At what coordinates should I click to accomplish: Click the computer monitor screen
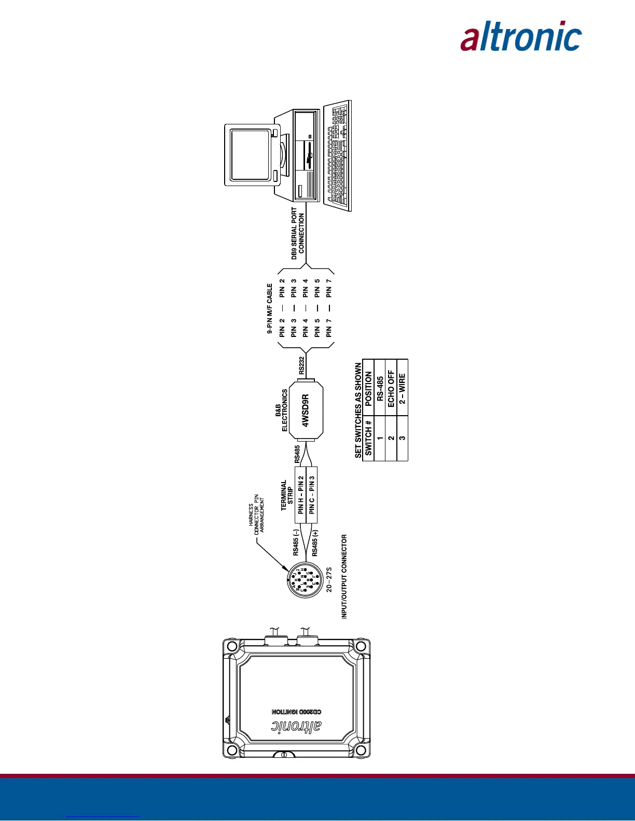[x=250, y=154]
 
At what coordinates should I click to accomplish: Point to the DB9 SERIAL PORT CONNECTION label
[x=298, y=233]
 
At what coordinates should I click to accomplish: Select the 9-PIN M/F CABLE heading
[x=270, y=308]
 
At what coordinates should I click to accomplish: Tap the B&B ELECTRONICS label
[x=281, y=410]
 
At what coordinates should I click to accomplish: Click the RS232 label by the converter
[x=302, y=365]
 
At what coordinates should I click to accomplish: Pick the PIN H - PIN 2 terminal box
[x=301, y=494]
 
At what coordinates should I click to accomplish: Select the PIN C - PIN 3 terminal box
[x=312, y=494]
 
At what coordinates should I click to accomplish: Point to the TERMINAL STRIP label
[x=287, y=495]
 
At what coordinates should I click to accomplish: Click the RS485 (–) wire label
[x=296, y=542]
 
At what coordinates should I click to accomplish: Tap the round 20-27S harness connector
[x=306, y=580]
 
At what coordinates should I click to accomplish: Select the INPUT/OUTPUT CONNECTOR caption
[x=344, y=576]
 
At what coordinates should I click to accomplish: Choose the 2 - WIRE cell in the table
[x=403, y=389]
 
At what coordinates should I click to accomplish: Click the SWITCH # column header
[x=368, y=438]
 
